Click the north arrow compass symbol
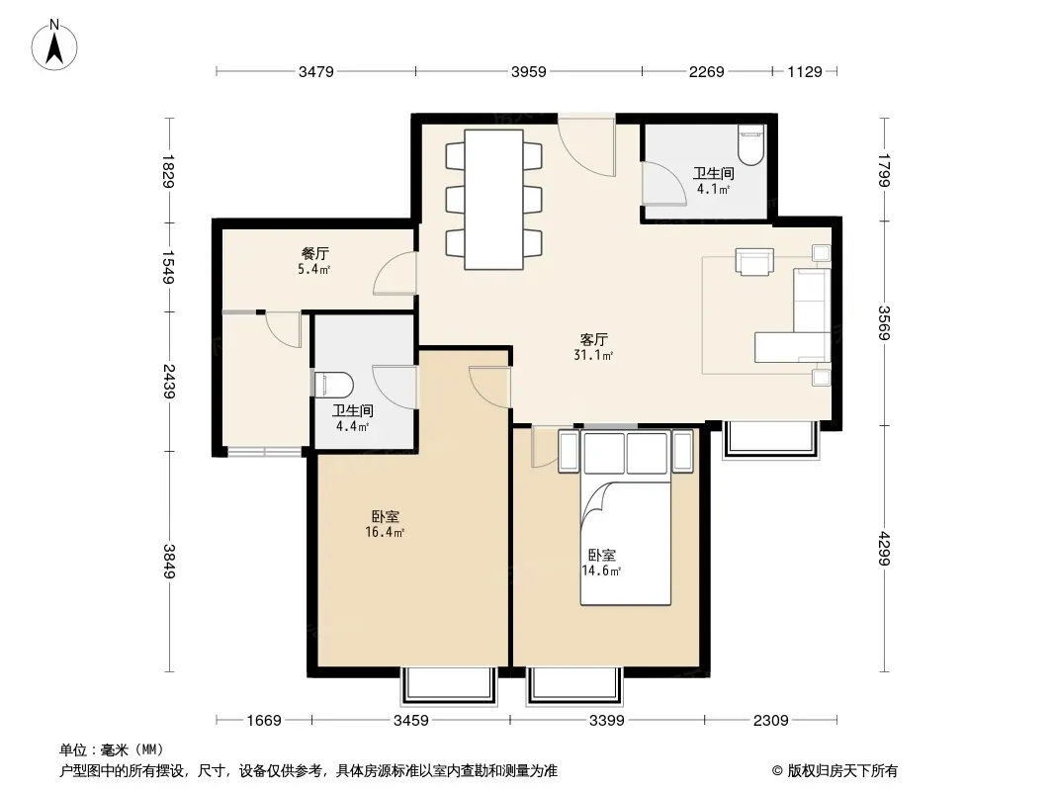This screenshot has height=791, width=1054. [x=54, y=44]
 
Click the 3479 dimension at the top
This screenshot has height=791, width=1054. [x=316, y=71]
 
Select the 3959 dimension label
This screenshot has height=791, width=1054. [x=528, y=71]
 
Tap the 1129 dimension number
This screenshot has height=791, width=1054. [x=805, y=71]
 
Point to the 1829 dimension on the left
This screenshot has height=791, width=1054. [x=168, y=172]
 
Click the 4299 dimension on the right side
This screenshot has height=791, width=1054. [x=884, y=549]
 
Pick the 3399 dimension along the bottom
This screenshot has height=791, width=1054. [x=606, y=721]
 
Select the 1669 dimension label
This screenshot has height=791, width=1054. [x=263, y=721]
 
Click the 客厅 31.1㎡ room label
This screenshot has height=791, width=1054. [x=593, y=347]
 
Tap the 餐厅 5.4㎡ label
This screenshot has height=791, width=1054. [x=314, y=261]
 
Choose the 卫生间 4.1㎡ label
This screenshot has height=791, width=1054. [x=713, y=181]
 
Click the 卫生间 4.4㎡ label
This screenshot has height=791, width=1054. [x=352, y=418]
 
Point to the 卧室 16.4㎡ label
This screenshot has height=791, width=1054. [x=386, y=524]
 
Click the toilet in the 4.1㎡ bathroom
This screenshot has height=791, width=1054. [x=750, y=144]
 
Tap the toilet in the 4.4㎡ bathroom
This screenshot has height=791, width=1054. [x=334, y=386]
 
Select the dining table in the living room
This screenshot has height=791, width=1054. [x=494, y=200]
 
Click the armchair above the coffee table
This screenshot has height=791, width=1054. [x=754, y=261]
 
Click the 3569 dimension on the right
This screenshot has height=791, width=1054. [x=884, y=322]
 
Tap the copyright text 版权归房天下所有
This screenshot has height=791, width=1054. [x=842, y=771]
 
